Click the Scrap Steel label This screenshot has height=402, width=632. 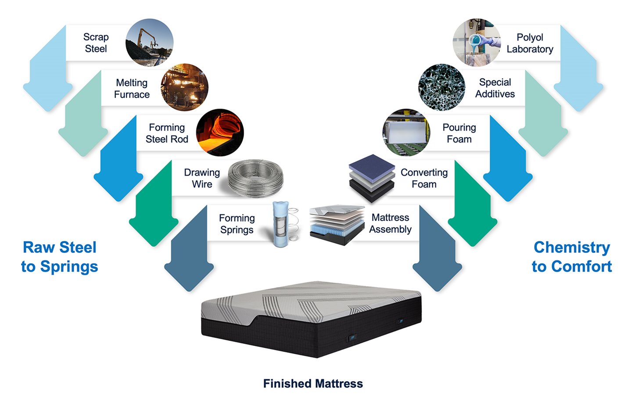(96, 43)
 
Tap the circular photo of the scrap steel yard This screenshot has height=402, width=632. (149, 43)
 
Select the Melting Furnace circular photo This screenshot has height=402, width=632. (184, 87)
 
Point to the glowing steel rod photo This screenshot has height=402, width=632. (219, 132)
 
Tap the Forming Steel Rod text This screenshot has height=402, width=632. (167, 133)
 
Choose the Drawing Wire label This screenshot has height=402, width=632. (202, 178)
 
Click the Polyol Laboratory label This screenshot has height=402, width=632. (530, 43)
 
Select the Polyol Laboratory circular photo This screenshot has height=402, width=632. (477, 42)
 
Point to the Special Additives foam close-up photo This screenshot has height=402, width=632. (442, 87)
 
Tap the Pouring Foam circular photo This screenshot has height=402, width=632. (406, 133)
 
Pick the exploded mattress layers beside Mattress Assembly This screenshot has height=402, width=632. (337, 224)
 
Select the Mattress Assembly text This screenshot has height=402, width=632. (390, 223)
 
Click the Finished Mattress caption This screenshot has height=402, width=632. (313, 384)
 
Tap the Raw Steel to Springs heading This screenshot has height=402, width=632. (60, 257)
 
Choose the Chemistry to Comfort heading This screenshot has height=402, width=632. (571, 257)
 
